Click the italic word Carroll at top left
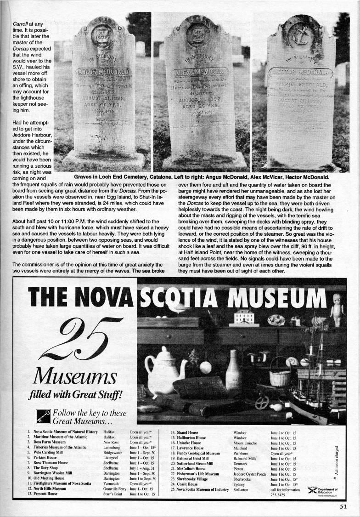[x=20, y=23]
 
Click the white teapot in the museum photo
[x=163, y=366]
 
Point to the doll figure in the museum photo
[x=337, y=309]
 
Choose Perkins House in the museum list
[x=45, y=458]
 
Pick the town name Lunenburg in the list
[x=113, y=447]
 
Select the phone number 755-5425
[x=279, y=495]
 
